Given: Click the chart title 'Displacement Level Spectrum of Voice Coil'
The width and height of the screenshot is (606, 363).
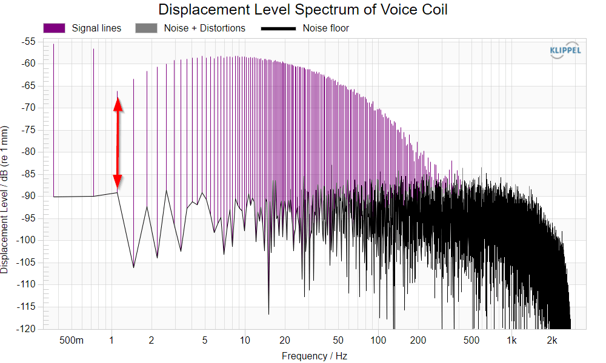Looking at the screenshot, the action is [x=302, y=9].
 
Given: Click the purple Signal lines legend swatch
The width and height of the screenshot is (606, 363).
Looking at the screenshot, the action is [x=54, y=28].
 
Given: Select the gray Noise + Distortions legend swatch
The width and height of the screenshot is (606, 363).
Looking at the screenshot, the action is [x=146, y=28].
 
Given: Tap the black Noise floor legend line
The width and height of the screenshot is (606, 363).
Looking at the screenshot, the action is [x=278, y=28].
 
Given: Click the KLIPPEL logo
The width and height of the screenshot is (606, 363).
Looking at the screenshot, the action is [x=565, y=50].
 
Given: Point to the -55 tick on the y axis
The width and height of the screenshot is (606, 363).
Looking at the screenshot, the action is [x=27, y=41].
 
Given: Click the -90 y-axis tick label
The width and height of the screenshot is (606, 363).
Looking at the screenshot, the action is [x=27, y=196].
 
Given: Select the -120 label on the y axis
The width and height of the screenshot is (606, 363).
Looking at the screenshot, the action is [x=26, y=329].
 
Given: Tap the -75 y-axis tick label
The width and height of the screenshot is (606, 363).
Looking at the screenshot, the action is [x=27, y=129].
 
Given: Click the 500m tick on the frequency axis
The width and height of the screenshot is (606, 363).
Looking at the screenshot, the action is [x=71, y=340].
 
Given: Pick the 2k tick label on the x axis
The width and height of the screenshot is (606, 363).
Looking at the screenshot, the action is [x=552, y=340].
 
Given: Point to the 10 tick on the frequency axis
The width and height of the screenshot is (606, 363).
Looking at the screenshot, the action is [x=245, y=340].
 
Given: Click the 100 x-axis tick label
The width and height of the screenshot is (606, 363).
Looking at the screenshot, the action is [x=378, y=340].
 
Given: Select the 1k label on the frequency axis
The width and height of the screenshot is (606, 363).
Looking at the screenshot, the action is [x=511, y=340].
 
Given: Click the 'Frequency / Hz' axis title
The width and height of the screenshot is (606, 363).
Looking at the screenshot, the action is [x=314, y=356].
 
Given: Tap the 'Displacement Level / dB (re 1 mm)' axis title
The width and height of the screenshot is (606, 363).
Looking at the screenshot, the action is [x=4, y=200].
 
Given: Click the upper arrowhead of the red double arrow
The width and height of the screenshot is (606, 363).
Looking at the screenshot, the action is [x=118, y=104].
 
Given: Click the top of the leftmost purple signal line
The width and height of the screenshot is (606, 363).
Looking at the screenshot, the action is [x=54, y=44].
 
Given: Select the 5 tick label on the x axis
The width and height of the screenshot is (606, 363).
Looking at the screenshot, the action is [x=205, y=340].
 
